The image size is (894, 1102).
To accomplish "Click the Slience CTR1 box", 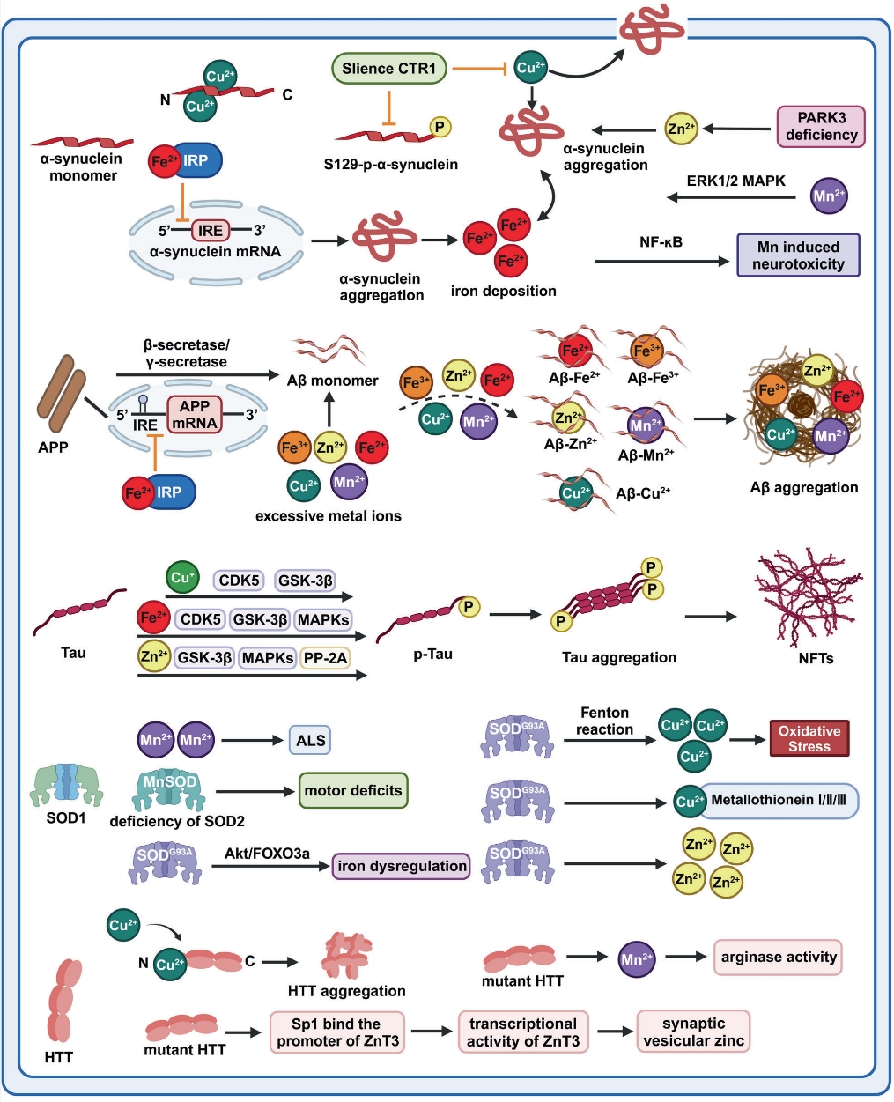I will (388, 69).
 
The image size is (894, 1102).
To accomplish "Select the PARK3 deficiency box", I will (821, 126).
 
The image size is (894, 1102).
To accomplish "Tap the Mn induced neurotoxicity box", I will (798, 255).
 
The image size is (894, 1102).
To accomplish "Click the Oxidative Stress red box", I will (809, 739).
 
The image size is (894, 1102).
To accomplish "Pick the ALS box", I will (310, 740).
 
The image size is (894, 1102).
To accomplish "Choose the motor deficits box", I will (352, 790).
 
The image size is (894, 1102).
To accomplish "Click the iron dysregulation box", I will (401, 866).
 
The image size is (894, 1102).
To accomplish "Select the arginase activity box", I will (778, 957).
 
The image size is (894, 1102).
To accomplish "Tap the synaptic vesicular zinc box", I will (693, 1032).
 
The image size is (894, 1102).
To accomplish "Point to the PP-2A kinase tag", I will (324, 657).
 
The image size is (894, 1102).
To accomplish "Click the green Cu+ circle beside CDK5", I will (182, 579).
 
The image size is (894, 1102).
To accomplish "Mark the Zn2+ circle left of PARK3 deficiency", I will (681, 129).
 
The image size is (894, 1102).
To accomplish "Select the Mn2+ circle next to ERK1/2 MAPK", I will (829, 195).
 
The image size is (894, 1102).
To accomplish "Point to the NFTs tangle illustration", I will (807, 596).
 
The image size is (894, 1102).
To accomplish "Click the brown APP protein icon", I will (61, 387).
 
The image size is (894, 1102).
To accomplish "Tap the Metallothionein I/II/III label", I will (782, 801).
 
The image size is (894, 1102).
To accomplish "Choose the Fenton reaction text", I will (604, 721).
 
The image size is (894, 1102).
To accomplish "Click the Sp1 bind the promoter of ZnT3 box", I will (337, 1032).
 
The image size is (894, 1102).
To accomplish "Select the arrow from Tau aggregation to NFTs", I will (710, 617).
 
